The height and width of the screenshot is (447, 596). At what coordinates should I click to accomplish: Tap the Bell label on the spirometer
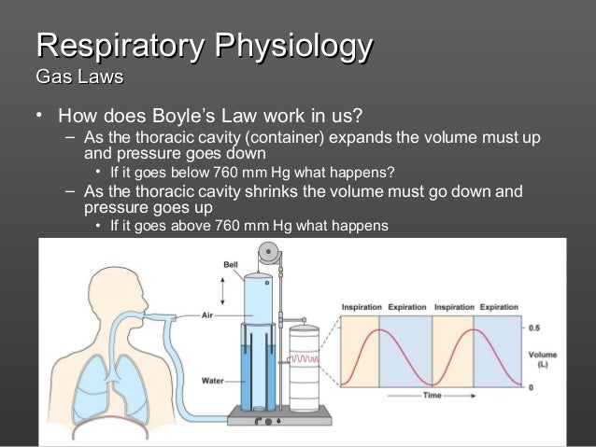tap(230, 264)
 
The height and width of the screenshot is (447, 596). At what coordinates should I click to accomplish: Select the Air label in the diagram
tap(210, 315)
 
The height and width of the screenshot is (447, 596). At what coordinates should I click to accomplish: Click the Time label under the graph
tap(431, 397)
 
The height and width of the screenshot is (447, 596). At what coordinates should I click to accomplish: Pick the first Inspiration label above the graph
tap(360, 307)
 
